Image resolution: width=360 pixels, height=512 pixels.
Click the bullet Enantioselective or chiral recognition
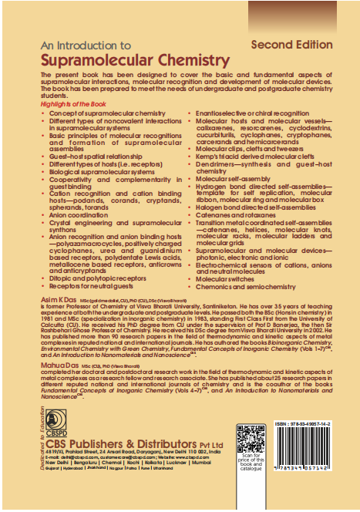pos(247,113)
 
